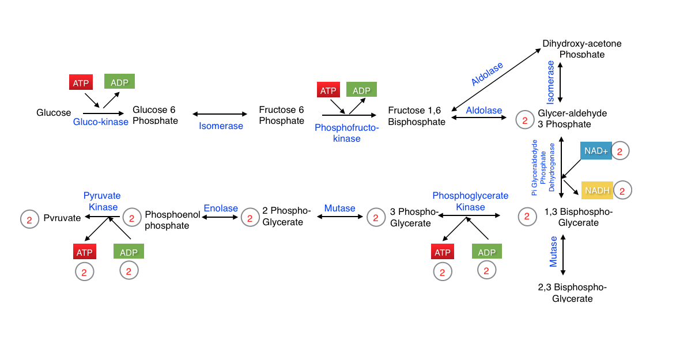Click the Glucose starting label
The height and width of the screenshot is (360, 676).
[x=54, y=112]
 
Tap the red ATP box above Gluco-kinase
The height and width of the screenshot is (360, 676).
[x=81, y=82]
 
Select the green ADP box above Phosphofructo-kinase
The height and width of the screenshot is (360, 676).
[x=361, y=90]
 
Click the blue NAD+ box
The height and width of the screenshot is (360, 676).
[x=596, y=150]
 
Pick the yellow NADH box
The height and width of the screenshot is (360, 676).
[x=596, y=190]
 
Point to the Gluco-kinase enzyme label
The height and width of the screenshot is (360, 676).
[x=101, y=122]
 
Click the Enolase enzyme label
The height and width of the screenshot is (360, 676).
[x=221, y=208]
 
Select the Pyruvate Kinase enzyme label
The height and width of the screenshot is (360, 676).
[x=102, y=201]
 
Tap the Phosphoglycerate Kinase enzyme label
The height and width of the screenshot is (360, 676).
[x=470, y=201]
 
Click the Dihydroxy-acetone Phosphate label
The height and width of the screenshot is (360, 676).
[x=582, y=48]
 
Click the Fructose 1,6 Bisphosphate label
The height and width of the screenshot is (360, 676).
[x=417, y=116]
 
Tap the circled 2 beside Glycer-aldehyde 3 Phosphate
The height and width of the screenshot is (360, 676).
[x=524, y=120]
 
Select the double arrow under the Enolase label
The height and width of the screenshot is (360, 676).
[x=220, y=217]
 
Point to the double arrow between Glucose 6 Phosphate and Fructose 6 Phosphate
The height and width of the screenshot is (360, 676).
[x=220, y=114]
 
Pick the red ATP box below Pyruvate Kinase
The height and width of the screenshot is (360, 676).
[x=84, y=252]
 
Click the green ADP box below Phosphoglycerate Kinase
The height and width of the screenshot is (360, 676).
[x=487, y=252]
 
